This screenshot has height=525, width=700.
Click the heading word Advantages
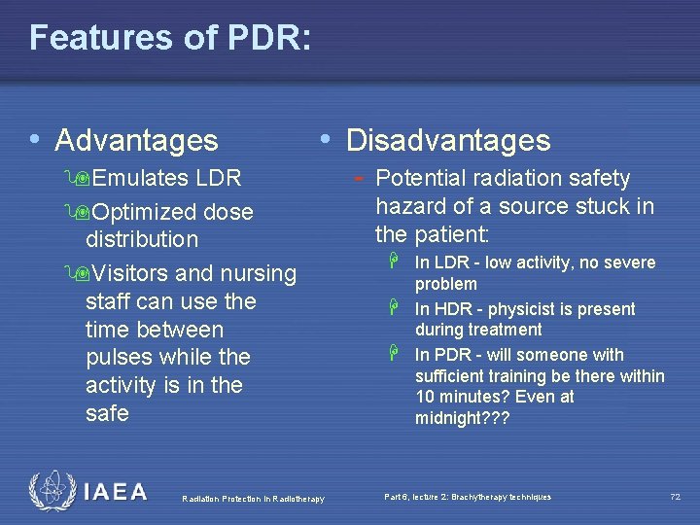(x=137, y=141)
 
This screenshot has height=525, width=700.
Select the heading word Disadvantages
(x=448, y=141)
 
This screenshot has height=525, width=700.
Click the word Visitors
(x=143, y=274)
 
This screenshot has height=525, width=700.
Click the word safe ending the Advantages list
(x=107, y=413)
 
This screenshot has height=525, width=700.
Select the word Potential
(x=421, y=179)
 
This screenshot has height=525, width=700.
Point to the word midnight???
(x=462, y=417)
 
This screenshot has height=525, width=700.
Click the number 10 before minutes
(x=426, y=397)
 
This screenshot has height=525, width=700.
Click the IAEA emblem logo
(x=52, y=492)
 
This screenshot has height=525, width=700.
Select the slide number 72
(x=675, y=498)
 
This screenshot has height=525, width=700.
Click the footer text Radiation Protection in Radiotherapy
(x=253, y=499)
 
